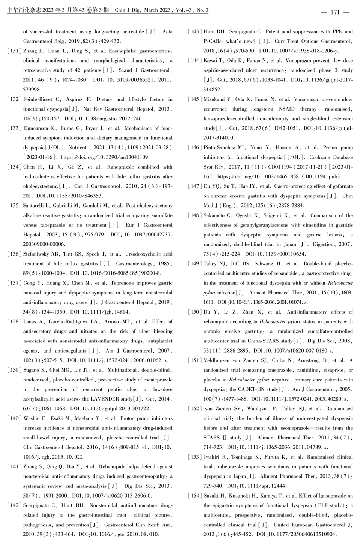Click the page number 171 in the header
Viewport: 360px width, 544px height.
pyautogui.click(x=335, y=12)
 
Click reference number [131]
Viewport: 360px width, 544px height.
pyautogui.click(x=14, y=51)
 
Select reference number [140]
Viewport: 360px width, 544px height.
pyautogui.click(x=14, y=418)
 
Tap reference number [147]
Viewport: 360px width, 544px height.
pyautogui.click(x=195, y=186)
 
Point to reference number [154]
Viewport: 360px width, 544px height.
pyautogui.click(x=195, y=496)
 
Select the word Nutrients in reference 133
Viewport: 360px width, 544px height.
pyautogui.click(x=78, y=148)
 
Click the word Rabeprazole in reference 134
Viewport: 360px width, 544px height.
pyautogui.click(x=121, y=167)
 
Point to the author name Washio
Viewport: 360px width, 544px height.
pyautogui.click(x=31, y=418)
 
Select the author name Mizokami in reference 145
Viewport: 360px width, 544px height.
pyautogui.click(x=214, y=99)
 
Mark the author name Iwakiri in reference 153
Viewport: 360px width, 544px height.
pyautogui.click(x=212, y=457)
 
